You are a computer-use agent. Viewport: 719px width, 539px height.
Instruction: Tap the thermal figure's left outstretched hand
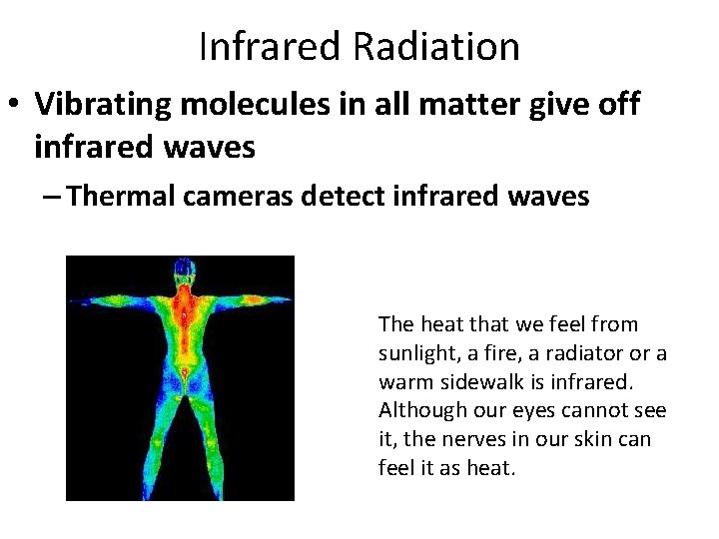[80, 303]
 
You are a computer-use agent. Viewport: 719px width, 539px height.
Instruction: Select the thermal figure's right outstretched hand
[286, 299]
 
